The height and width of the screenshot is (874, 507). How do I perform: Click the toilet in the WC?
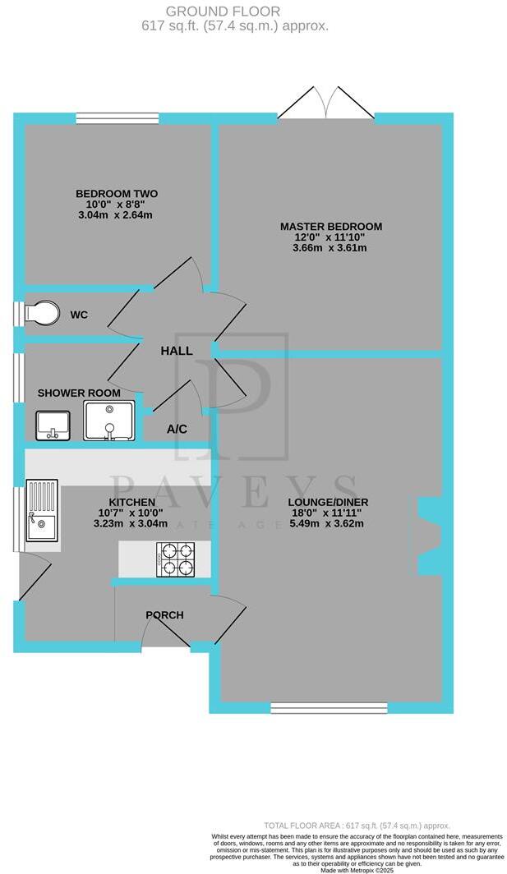tap(42, 314)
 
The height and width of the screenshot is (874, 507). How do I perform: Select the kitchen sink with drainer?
tap(41, 511)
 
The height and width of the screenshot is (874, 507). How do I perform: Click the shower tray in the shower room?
tap(108, 421)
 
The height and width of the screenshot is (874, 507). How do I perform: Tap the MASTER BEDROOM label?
tap(331, 226)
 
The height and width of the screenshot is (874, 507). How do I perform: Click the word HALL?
tap(177, 351)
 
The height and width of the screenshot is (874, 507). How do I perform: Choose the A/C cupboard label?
tap(177, 429)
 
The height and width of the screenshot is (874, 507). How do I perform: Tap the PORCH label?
tap(164, 615)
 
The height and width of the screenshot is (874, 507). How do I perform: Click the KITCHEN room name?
tap(132, 502)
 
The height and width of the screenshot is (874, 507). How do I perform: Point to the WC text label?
tap(79, 315)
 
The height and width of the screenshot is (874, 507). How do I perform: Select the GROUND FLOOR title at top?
tap(223, 11)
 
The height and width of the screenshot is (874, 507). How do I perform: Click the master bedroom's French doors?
tap(326, 105)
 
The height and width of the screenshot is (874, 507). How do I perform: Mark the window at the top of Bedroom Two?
tap(117, 118)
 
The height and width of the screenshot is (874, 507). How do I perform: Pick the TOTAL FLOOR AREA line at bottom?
tap(357, 825)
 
